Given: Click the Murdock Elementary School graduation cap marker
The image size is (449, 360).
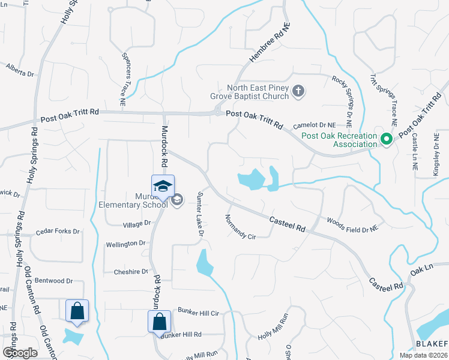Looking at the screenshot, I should coord(163,187).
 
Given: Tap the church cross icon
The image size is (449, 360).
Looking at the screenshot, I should coord(298,92).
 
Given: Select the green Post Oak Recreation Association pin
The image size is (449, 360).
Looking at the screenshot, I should coord(387,140).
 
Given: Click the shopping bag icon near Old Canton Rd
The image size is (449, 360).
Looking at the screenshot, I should coord(77,311).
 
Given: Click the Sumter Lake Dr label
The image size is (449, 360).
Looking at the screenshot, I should coord(200,214).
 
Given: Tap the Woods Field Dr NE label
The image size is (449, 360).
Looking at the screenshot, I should coord(352,224).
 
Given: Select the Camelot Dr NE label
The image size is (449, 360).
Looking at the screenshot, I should coord(314,125).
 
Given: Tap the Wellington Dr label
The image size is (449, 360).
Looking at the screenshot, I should coord(126,244).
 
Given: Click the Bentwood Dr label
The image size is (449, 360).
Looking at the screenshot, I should coord(53,280).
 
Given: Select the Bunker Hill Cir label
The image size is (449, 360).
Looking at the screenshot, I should coord(199,312).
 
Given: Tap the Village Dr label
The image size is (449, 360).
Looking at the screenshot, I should coord(137,223).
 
